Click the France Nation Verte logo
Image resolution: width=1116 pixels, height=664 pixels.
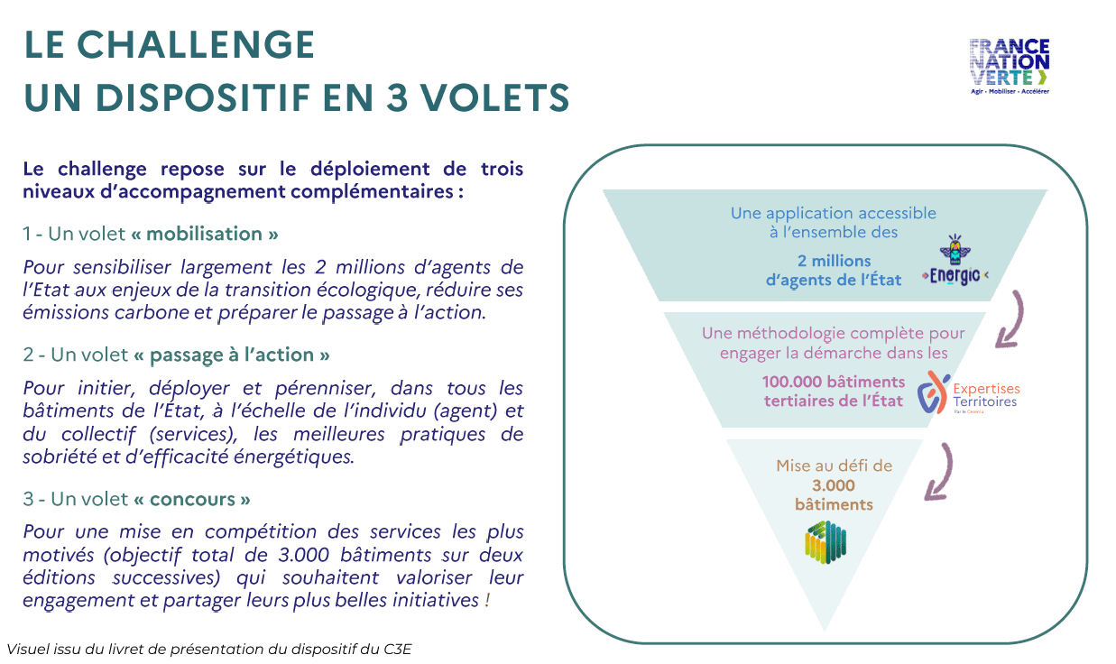pos(1009,65)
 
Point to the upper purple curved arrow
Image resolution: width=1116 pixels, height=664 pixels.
pos(1011,320)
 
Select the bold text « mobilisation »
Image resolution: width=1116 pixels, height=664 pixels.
pos(204,234)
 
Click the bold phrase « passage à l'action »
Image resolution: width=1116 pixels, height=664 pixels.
pos(231,355)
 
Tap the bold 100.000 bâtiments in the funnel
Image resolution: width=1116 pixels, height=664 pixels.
pos(833,381)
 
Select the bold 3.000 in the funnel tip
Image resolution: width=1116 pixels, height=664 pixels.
pos(834,485)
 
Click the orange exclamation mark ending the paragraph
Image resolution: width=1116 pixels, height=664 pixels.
pos(487,600)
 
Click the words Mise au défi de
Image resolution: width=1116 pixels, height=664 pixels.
pos(834,466)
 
